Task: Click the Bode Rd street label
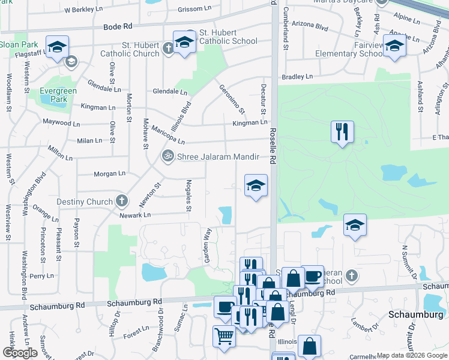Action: (x=118, y=27)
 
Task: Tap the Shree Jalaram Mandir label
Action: (x=217, y=157)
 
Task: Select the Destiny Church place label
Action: (x=85, y=202)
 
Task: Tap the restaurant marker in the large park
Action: (x=342, y=132)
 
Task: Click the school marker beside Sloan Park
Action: (x=57, y=47)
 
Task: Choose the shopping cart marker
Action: (x=224, y=336)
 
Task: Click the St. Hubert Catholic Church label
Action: (x=130, y=49)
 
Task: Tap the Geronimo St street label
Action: (x=232, y=99)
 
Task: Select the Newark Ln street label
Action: (x=134, y=215)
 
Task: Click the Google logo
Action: (x=20, y=353)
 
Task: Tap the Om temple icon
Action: (x=167, y=156)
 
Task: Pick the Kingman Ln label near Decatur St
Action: (x=250, y=122)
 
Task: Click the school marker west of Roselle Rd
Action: (x=256, y=185)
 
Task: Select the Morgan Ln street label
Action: (x=109, y=174)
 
